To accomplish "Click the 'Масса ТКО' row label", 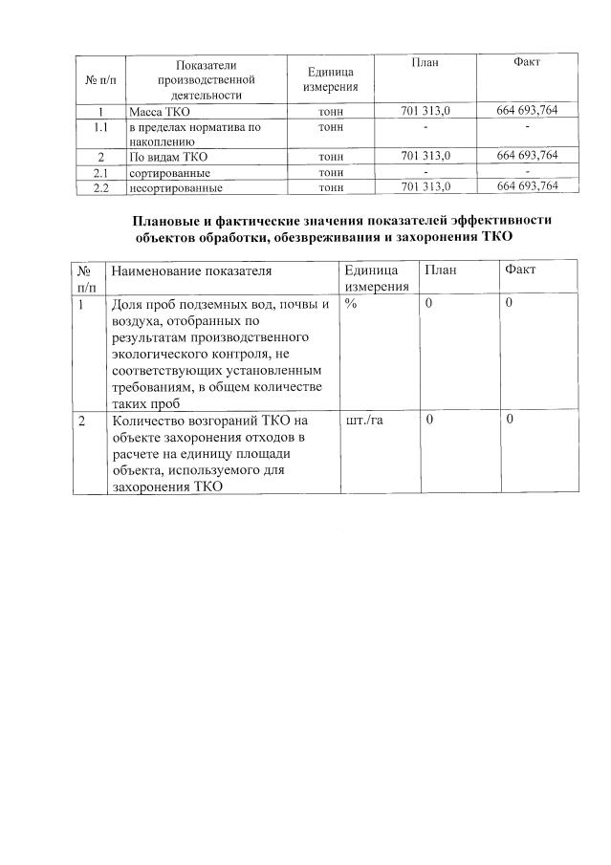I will pyautogui.click(x=160, y=112).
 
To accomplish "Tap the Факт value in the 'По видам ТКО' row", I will pyautogui.click(x=527, y=155).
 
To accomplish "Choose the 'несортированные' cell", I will pyautogui.click(x=169, y=186).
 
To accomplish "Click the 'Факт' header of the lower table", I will pyautogui.click(x=521, y=270).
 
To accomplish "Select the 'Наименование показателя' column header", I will pyautogui.click(x=191, y=271).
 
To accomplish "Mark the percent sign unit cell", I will pyautogui.click(x=351, y=303).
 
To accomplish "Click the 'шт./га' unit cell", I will pyautogui.click(x=364, y=421).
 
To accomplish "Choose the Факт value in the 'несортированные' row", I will pyautogui.click(x=527, y=185).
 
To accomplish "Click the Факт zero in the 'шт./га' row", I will pyautogui.click(x=511, y=420).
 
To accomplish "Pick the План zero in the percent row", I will pyautogui.click(x=429, y=303).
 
